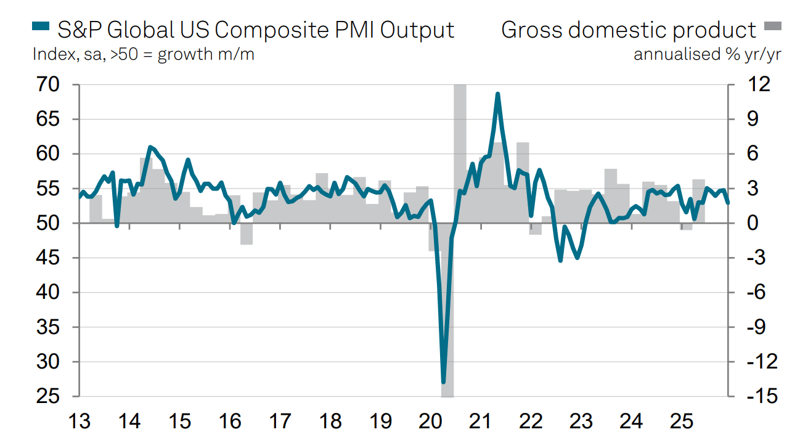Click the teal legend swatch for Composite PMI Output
tap(40, 26)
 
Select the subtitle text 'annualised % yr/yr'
tap(708, 54)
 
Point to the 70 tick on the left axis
tap(49, 84)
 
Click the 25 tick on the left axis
tap(49, 397)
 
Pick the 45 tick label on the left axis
tap(49, 258)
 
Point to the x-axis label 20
tap(431, 422)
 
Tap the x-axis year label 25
tap(682, 422)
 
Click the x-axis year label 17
tap(280, 422)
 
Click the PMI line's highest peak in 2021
tap(497, 94)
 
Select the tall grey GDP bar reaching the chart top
tap(460, 154)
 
